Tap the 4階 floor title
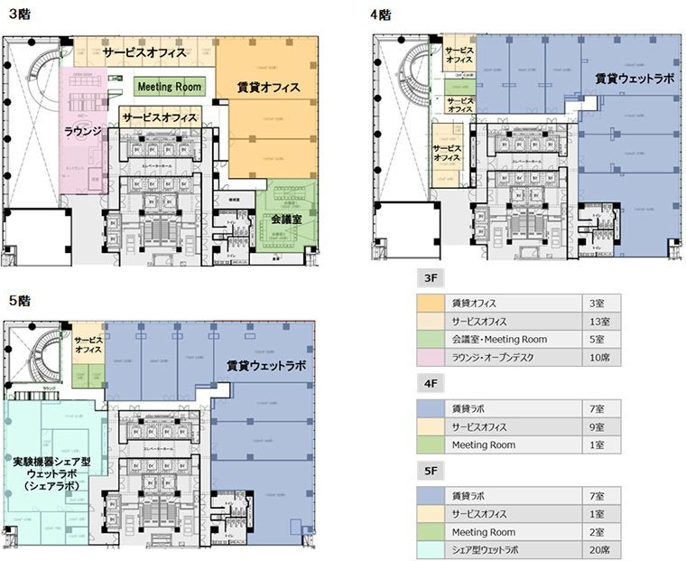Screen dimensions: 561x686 pyautogui.click(x=380, y=14)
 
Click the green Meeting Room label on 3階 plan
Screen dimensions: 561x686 pyautogui.click(x=170, y=87)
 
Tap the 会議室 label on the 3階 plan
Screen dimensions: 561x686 pyautogui.click(x=286, y=219)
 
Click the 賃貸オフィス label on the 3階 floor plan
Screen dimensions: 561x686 pyautogui.click(x=268, y=88)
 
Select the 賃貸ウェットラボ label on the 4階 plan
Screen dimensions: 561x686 pyautogui.click(x=633, y=79)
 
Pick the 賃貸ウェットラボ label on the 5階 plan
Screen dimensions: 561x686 pyautogui.click(x=266, y=366)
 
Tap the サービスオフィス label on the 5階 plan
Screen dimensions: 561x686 pyautogui.click(x=88, y=342)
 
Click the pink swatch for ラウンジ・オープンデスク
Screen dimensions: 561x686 pyautogui.click(x=430, y=357)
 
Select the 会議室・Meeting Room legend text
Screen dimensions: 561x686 pyautogui.click(x=498, y=339)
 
